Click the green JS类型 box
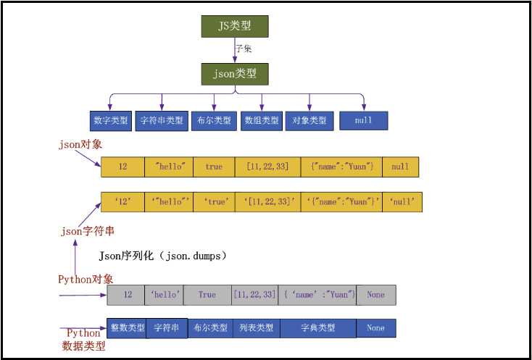click(x=235, y=26)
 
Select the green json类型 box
click(x=235, y=74)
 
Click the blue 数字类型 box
click(x=111, y=120)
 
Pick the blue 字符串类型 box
click(x=161, y=120)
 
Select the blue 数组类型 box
click(x=261, y=120)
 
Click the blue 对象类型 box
click(x=309, y=120)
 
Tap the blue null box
click(x=364, y=120)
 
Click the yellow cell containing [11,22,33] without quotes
click(x=267, y=167)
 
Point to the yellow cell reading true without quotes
click(x=215, y=167)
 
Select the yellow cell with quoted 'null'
click(x=402, y=202)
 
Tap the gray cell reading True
click(x=207, y=295)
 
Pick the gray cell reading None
click(x=375, y=295)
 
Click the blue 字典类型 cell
click(x=317, y=328)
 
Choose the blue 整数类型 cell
click(x=126, y=328)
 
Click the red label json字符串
click(x=87, y=232)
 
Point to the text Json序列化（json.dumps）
click(x=163, y=256)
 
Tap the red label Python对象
click(x=86, y=279)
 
